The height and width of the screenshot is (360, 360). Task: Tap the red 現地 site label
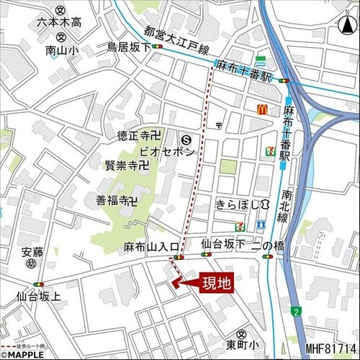coord(215,284)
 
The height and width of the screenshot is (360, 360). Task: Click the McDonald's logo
coord(263,109)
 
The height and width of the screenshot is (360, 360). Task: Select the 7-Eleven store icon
coord(269,151)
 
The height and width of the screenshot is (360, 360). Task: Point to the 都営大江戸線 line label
coord(176,41)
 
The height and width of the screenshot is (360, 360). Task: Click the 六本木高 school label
coord(59,23)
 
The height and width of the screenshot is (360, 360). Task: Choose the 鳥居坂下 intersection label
coord(128,48)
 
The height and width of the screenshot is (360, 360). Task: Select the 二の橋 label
coord(272,246)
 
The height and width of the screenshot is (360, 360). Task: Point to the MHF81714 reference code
coord(330,348)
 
